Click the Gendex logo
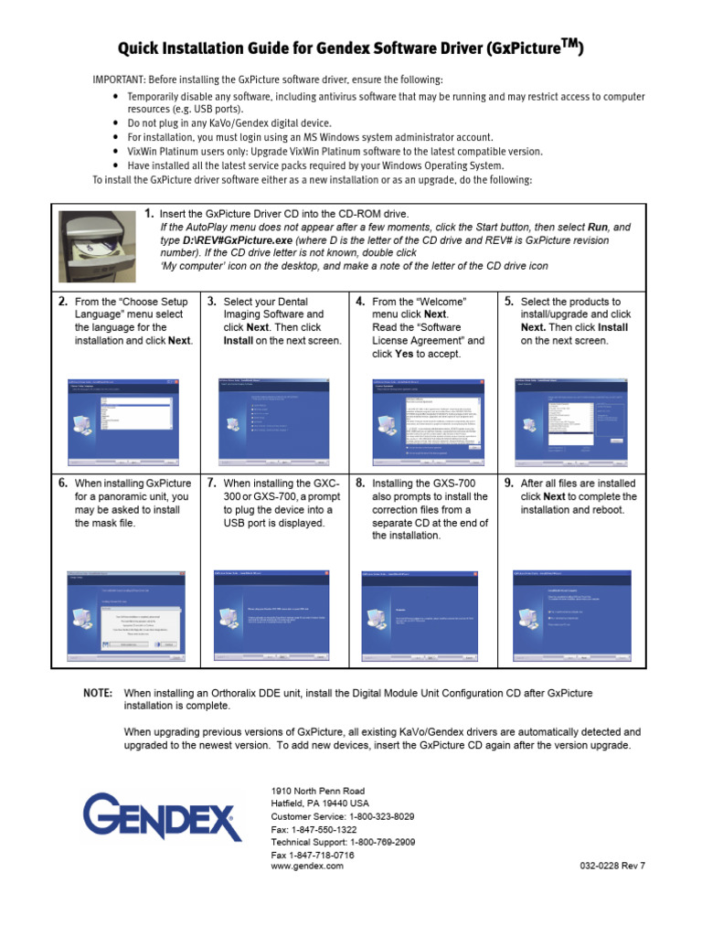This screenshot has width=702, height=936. pos(163,816)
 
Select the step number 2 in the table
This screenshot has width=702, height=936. pos(63,302)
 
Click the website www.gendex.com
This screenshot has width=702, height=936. pos(307,867)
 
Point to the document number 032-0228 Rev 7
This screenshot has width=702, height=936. pos(612,867)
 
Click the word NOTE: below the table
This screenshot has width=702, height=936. pos(98,694)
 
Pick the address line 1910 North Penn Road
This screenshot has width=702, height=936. pos(318,790)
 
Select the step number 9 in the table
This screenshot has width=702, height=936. pos(508,484)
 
